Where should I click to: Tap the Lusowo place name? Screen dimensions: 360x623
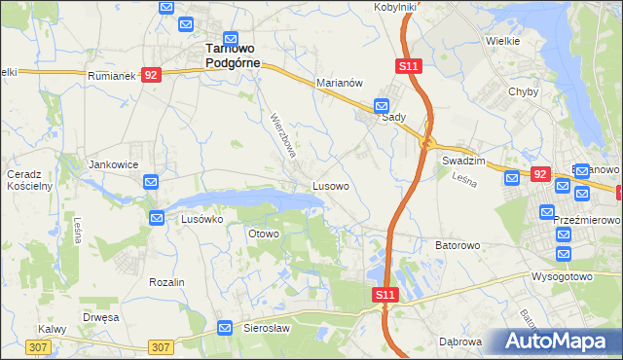tap(331, 184)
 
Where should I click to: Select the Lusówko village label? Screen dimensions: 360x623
tap(202, 220)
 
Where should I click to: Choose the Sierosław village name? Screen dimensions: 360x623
tap(267, 329)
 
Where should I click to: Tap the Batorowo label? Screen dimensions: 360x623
tap(458, 246)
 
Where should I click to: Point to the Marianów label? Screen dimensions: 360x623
tap(340, 84)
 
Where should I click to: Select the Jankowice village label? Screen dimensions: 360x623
tap(111, 165)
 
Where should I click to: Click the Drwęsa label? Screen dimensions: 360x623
tap(100, 317)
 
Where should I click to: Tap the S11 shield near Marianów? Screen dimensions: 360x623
tap(409, 66)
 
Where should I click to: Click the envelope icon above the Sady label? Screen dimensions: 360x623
tap(383, 105)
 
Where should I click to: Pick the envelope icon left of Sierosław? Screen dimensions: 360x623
tap(225, 329)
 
